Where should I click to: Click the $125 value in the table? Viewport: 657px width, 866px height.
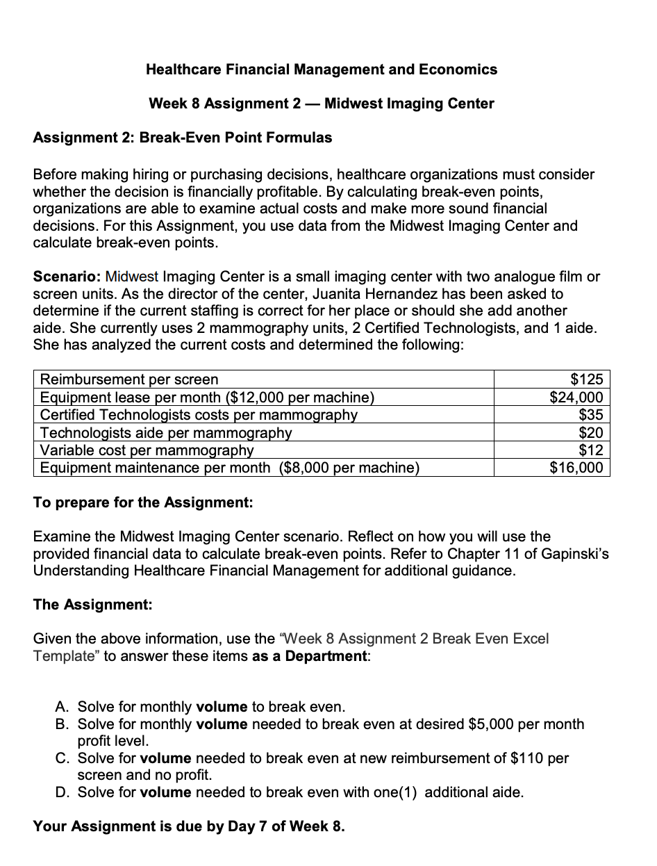point(587,379)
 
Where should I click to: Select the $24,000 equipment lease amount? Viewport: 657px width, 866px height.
point(576,397)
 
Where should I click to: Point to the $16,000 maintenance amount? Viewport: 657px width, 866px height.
point(576,468)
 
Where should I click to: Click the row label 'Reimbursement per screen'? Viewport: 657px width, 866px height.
point(129,379)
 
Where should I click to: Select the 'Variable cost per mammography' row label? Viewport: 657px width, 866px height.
point(147,450)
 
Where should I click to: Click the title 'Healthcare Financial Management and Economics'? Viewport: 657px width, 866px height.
point(322,70)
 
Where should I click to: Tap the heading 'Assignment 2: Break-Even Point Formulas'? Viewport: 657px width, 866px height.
point(183,138)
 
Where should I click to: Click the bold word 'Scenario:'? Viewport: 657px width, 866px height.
point(67,277)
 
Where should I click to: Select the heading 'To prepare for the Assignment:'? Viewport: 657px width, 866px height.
point(143,503)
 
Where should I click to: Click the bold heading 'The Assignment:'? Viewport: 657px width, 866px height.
point(93,605)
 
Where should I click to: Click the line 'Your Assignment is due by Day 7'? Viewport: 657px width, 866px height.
point(189,826)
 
